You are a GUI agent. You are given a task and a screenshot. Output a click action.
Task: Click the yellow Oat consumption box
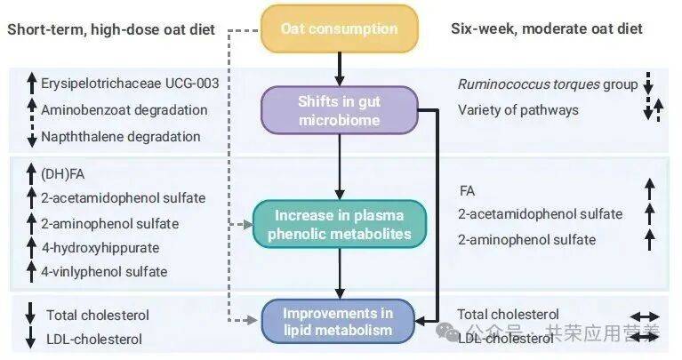pos(339,28)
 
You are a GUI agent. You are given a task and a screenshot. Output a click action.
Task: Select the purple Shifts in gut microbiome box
pos(339,110)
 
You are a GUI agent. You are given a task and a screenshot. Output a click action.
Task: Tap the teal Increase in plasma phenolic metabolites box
pos(339,224)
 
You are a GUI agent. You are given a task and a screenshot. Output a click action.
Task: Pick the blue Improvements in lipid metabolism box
pos(339,322)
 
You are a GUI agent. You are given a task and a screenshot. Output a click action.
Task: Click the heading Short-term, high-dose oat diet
pos(111,29)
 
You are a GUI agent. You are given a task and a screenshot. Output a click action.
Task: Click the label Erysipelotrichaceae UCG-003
pos(130,84)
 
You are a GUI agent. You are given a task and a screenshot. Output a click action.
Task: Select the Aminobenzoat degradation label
pos(124,110)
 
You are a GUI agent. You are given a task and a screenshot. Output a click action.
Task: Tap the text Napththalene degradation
pos(120,136)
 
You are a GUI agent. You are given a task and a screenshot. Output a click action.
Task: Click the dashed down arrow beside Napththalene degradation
pos(29,136)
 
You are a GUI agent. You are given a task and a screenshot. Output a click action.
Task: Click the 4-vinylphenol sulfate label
pos(104,272)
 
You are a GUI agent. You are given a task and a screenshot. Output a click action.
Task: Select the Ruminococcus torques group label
pos(548,84)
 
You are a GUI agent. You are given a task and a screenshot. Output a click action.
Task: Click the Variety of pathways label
pos(518,110)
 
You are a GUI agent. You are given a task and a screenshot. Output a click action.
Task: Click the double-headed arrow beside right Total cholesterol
pos(646,316)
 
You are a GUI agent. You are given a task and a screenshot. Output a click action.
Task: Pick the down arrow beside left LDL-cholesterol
pos(29,339)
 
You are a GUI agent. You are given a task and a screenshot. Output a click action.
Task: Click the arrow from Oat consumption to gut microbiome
pos(339,68)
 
